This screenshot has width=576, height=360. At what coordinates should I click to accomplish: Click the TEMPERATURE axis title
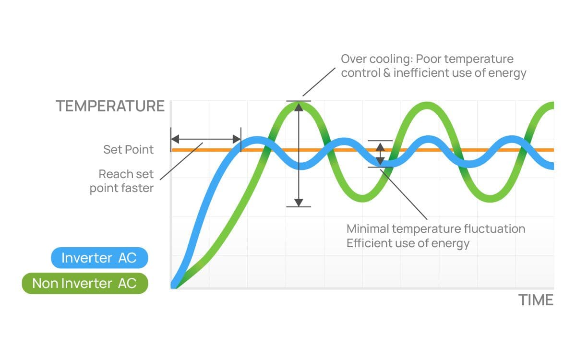(110, 106)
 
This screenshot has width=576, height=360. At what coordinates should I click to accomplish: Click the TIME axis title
(536, 300)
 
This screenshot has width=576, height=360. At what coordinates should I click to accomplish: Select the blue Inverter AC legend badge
(99, 259)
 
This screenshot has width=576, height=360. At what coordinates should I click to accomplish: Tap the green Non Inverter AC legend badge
(84, 283)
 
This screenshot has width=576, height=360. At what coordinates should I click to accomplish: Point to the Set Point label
(128, 150)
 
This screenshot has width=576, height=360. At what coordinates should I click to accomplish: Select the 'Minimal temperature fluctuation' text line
(435, 228)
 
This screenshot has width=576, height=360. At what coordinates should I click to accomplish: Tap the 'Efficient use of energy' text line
(408, 243)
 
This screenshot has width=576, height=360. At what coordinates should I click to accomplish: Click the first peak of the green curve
(299, 104)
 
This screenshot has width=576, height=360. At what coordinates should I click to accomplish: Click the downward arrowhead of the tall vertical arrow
(299, 202)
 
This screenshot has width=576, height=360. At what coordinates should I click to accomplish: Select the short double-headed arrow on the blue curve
(380, 154)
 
